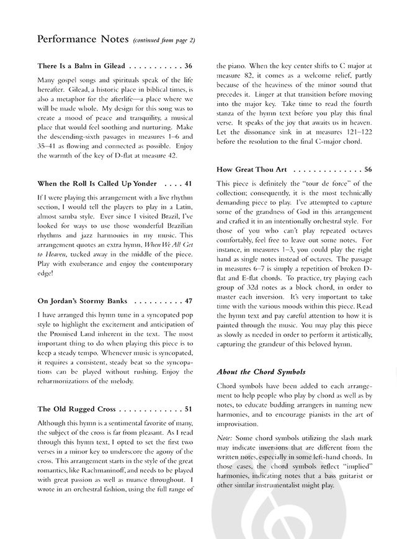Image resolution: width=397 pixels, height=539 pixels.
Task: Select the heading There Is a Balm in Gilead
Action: coord(81,66)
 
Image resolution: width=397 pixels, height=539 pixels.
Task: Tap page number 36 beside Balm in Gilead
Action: coord(188,66)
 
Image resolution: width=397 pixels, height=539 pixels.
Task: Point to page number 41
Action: coord(188,184)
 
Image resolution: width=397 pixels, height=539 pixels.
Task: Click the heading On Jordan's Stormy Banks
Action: coord(83,301)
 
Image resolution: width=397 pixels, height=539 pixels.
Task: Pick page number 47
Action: coord(188,301)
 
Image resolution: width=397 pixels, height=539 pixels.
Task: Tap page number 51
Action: coord(188,409)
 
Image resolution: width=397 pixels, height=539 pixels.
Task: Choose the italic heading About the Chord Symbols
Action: coord(261,372)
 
